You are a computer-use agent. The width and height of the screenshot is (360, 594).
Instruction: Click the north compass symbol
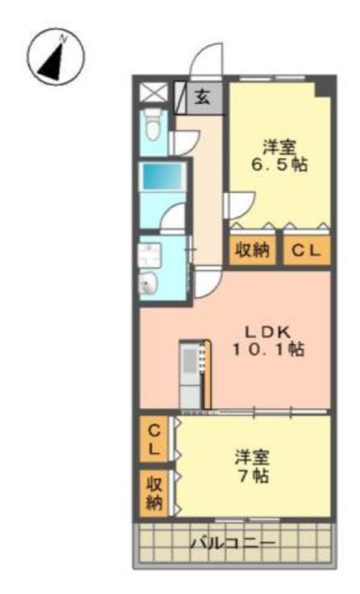(x=56, y=57)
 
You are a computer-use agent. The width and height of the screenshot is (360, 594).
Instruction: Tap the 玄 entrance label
(x=203, y=98)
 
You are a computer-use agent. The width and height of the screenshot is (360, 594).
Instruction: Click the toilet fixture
(x=153, y=124)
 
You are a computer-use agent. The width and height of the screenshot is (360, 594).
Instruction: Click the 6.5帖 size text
(x=280, y=165)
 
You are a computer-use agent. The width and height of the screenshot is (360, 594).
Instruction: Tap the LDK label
(x=268, y=333)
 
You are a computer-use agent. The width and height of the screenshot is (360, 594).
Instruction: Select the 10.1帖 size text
(x=269, y=349)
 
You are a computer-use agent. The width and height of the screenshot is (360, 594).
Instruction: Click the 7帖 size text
(x=253, y=475)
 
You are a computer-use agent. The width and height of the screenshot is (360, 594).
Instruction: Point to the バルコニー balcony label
(x=232, y=544)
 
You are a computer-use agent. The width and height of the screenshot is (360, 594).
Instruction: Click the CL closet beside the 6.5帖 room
(x=307, y=250)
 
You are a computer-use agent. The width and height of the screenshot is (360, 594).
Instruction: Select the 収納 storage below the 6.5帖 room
(x=252, y=250)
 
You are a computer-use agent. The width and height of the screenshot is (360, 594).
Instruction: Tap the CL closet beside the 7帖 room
(x=154, y=440)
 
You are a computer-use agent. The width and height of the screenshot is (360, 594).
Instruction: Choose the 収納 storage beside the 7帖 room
(x=154, y=493)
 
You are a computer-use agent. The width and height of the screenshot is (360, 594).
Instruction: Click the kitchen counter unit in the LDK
(x=194, y=374)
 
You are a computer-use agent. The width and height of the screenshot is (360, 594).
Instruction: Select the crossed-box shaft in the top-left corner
(x=154, y=92)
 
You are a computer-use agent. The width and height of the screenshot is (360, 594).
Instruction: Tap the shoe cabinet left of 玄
(x=180, y=98)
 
